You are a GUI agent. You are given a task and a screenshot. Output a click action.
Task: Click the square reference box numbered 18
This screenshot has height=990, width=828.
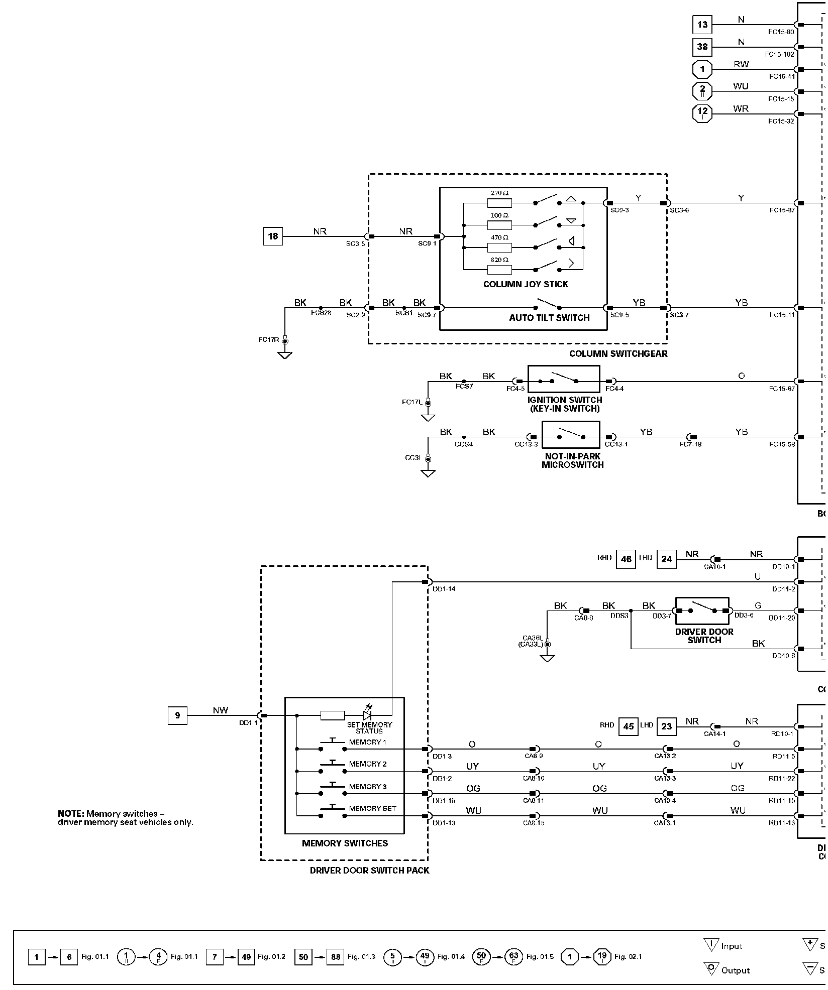click(x=273, y=236)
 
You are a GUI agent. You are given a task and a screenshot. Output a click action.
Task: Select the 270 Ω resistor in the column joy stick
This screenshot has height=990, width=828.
click(x=499, y=203)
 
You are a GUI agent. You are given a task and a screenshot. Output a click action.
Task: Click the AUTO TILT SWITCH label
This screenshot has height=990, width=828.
click(x=549, y=318)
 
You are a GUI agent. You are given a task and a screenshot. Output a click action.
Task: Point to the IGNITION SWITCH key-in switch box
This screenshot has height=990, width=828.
click(x=563, y=379)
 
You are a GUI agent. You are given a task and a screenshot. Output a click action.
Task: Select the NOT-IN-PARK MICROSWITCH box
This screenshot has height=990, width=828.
click(x=571, y=435)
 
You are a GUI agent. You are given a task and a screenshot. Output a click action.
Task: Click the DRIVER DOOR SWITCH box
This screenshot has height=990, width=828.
click(x=702, y=610)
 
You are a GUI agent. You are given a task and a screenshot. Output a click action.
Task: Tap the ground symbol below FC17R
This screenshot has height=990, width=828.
click(x=285, y=355)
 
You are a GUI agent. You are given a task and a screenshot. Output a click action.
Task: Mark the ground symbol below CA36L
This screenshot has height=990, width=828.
click(x=547, y=658)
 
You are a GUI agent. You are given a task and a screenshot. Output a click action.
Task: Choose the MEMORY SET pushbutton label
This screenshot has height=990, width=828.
click(x=372, y=808)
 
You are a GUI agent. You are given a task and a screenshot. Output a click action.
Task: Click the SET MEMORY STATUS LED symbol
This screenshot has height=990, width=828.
click(x=367, y=714)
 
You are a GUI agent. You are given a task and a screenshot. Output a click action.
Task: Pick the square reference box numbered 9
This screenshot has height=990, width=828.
click(x=177, y=715)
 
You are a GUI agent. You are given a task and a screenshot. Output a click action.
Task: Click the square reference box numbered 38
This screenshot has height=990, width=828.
click(x=702, y=47)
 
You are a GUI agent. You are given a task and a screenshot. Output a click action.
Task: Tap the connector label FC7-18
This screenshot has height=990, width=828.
click(x=690, y=444)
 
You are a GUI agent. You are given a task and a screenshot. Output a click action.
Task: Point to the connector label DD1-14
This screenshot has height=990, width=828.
click(x=444, y=589)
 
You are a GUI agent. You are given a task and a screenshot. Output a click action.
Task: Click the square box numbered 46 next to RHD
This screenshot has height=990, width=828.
click(x=626, y=559)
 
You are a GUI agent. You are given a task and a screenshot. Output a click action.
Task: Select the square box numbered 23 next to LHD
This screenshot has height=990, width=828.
click(x=667, y=726)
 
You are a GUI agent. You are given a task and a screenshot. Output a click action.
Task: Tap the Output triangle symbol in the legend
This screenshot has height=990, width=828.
click(x=711, y=970)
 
